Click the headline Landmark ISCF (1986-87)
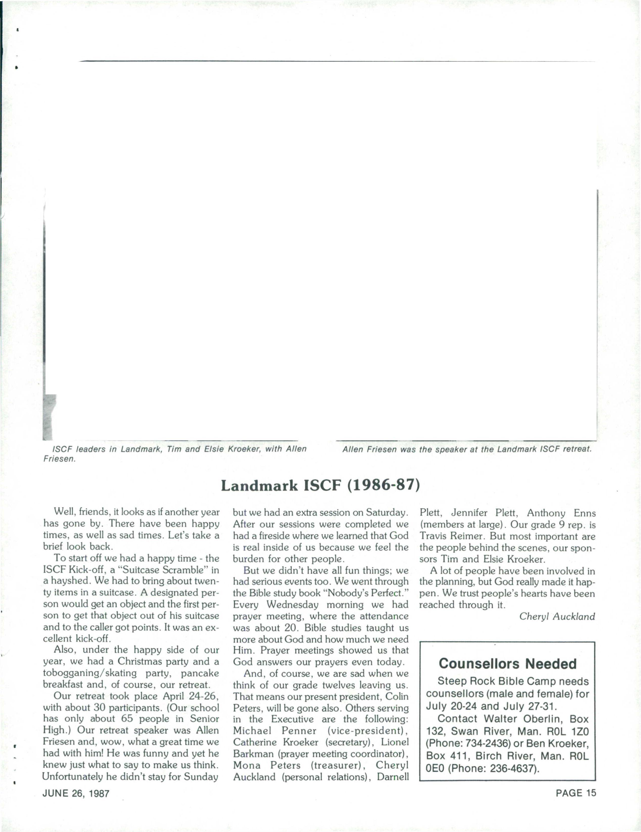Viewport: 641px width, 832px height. [x=320, y=486]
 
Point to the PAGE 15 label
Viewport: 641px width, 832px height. [x=576, y=793]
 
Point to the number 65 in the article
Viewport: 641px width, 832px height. [x=126, y=719]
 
